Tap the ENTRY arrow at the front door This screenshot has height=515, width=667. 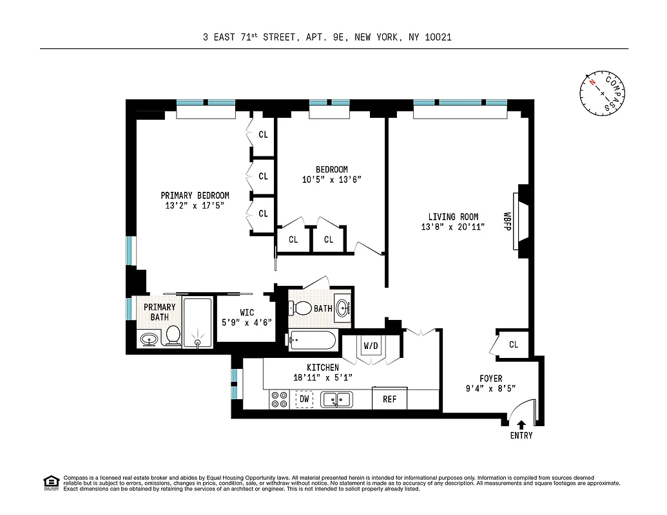coord(521,424)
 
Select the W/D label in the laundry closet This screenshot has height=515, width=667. coord(371,346)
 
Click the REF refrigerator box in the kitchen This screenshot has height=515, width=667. coord(390,399)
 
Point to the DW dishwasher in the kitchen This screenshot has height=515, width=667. coord(304,400)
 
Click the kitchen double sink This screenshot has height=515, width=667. coord(336,400)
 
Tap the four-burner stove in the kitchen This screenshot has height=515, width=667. coord(280,400)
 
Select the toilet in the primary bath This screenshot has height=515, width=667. coord(173,335)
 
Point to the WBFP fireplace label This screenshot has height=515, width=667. coord(507,222)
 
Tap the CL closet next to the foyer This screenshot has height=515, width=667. coord(513,344)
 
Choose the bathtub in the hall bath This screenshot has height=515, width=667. coord(313,340)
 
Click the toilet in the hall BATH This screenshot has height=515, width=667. coord(302,308)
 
